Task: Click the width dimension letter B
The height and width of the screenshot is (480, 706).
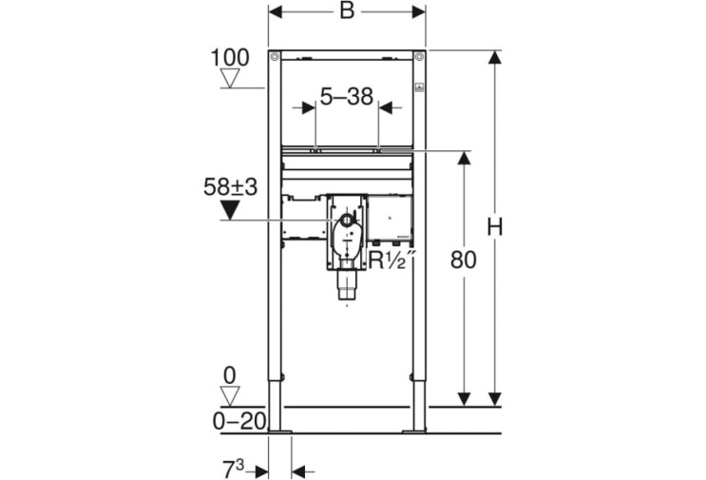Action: click(x=347, y=10)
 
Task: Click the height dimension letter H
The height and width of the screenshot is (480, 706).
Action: click(x=495, y=226)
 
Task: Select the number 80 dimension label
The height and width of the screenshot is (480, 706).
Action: click(x=464, y=259)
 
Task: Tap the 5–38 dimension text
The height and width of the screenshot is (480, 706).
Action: click(x=347, y=96)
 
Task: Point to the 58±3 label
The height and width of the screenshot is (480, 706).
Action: click(x=230, y=187)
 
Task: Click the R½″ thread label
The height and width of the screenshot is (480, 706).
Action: click(x=391, y=259)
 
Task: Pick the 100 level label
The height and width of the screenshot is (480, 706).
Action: click(x=230, y=58)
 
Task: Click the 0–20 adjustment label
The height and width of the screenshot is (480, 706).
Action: click(x=239, y=421)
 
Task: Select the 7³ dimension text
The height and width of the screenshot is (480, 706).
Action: click(x=233, y=470)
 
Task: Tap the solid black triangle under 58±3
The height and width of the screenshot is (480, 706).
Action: click(x=230, y=210)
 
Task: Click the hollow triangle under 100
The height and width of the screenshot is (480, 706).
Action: click(x=230, y=79)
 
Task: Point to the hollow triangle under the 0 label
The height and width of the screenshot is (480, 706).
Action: click(x=230, y=396)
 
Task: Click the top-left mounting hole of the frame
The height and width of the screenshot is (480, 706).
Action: click(x=275, y=57)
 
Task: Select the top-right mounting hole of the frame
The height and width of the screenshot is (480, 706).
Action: click(x=419, y=57)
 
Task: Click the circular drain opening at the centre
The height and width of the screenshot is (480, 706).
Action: click(x=347, y=221)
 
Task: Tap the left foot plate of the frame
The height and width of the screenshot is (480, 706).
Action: click(x=279, y=432)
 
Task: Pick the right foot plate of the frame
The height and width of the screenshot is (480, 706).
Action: click(x=414, y=432)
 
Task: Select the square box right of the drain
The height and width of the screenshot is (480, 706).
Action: click(x=390, y=217)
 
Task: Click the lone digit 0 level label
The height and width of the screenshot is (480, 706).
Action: click(x=230, y=375)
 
